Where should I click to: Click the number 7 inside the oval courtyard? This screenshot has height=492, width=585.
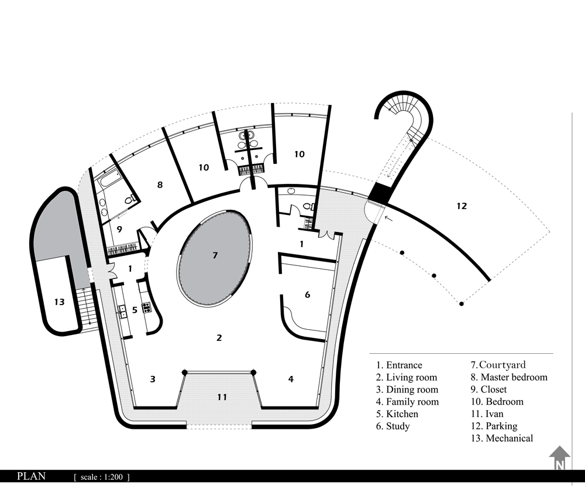pyautogui.click(x=215, y=255)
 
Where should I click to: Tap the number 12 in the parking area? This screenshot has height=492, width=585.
pyautogui.click(x=462, y=206)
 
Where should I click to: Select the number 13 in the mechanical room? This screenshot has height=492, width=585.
pyautogui.click(x=59, y=302)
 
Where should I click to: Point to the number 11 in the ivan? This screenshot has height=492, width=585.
pyautogui.click(x=222, y=397)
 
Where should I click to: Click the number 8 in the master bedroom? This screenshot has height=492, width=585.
pyautogui.click(x=160, y=184)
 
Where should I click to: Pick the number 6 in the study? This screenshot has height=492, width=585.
pyautogui.click(x=308, y=295)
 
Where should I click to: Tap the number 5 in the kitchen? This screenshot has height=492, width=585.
pyautogui.click(x=135, y=309)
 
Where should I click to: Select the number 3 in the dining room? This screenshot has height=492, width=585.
pyautogui.click(x=152, y=379)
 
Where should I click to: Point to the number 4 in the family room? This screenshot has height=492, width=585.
pyautogui.click(x=291, y=379)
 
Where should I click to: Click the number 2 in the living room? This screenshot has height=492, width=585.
pyautogui.click(x=219, y=337)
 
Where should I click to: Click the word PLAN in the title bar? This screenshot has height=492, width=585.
pyautogui.click(x=32, y=476)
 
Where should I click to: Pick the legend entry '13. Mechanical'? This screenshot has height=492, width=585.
pyautogui.click(x=501, y=438)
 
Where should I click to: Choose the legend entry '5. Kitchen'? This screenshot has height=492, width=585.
pyautogui.click(x=397, y=414)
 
